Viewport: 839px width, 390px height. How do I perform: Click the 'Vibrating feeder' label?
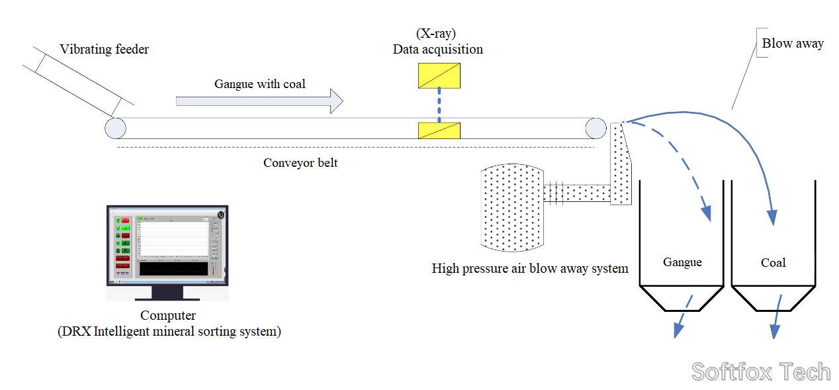(104, 49)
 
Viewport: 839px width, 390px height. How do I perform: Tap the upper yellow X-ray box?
(439, 76)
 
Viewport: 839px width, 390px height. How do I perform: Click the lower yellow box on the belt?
(439, 130)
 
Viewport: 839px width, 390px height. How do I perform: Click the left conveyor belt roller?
(115, 128)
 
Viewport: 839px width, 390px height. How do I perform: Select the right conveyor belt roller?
(595, 128)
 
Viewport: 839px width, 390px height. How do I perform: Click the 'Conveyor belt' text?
(300, 163)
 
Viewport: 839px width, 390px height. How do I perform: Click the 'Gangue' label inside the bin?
(682, 262)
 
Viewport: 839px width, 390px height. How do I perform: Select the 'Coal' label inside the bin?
(773, 263)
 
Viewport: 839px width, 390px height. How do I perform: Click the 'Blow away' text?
(792, 44)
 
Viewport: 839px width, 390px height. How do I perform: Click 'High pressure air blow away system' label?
(529, 269)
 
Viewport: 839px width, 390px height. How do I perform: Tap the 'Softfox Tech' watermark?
(760, 371)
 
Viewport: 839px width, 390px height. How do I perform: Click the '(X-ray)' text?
(437, 34)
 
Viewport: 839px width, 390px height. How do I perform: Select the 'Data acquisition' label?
(437, 50)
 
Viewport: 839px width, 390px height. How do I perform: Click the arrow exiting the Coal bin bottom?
(777, 318)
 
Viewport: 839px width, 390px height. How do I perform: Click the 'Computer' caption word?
(168, 316)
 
